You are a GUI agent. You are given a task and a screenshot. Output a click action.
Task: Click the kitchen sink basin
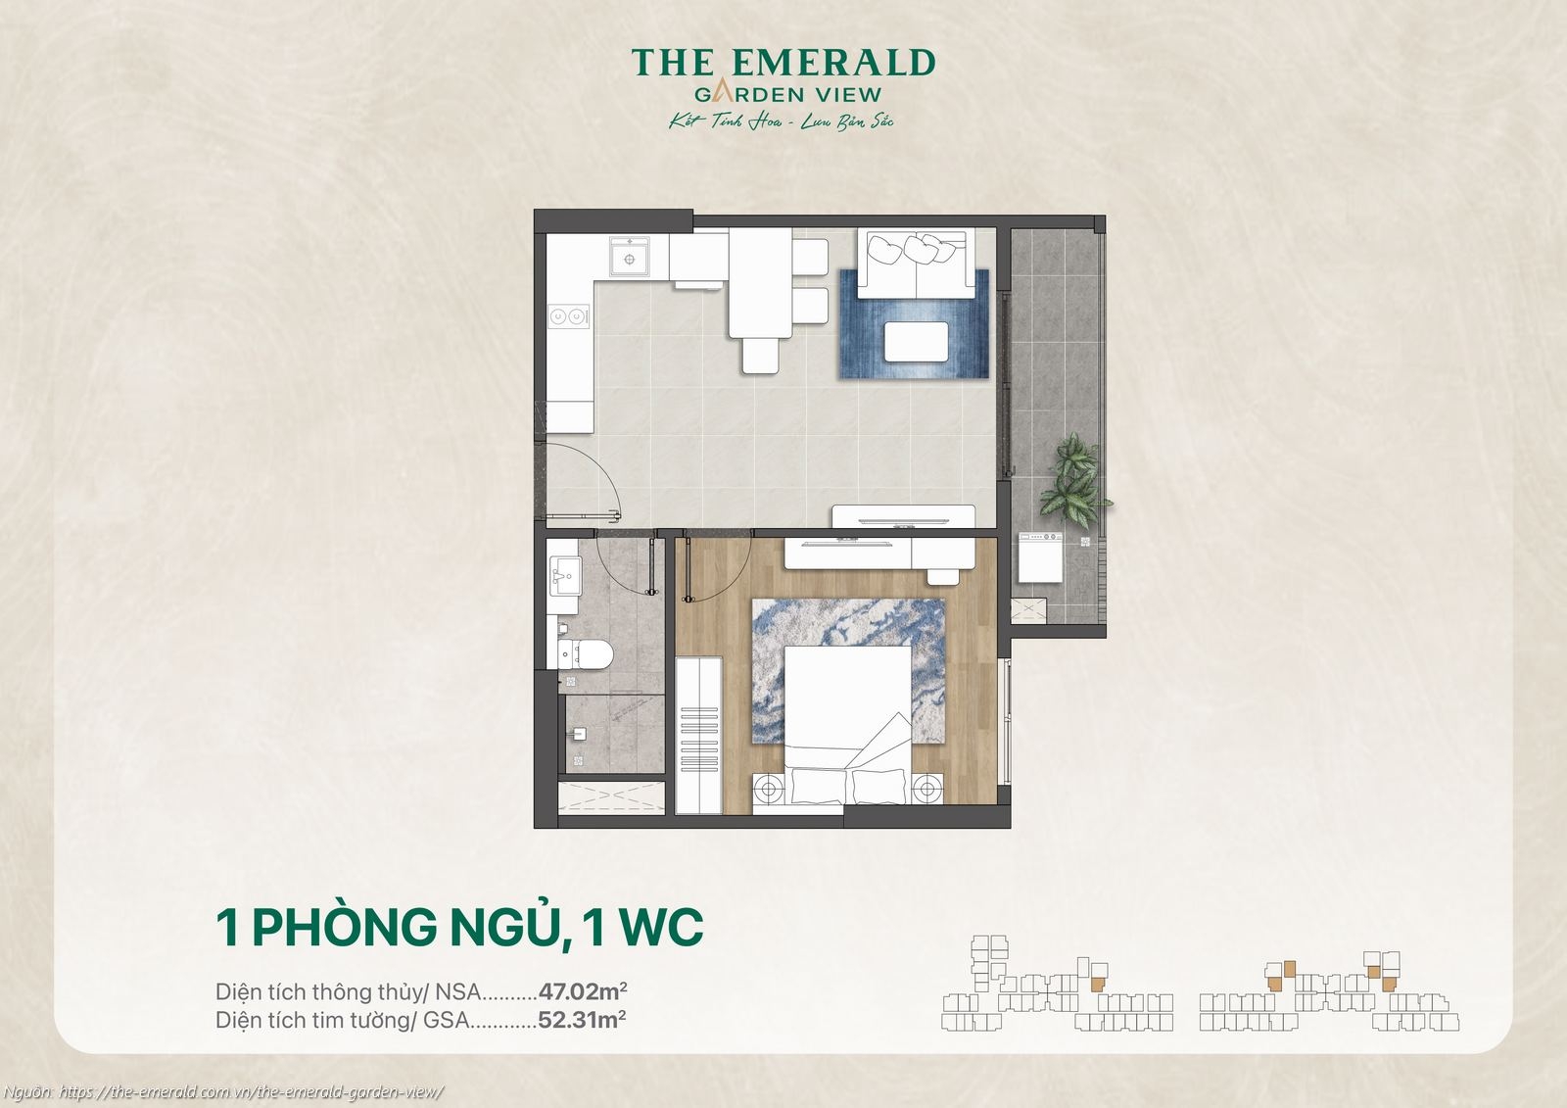(623, 259)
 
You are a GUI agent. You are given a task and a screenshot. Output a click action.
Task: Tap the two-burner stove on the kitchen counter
(569, 316)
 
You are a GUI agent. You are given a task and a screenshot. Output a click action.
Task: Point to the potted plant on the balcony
(1073, 482)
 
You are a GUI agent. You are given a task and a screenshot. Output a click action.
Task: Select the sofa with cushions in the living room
(915, 262)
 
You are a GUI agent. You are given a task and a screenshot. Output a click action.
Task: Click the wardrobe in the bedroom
(699, 735)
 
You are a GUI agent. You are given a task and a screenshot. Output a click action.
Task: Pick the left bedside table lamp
(769, 787)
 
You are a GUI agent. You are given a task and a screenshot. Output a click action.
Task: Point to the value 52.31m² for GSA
(582, 1020)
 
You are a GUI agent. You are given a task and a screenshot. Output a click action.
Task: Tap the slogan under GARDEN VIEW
(782, 122)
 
